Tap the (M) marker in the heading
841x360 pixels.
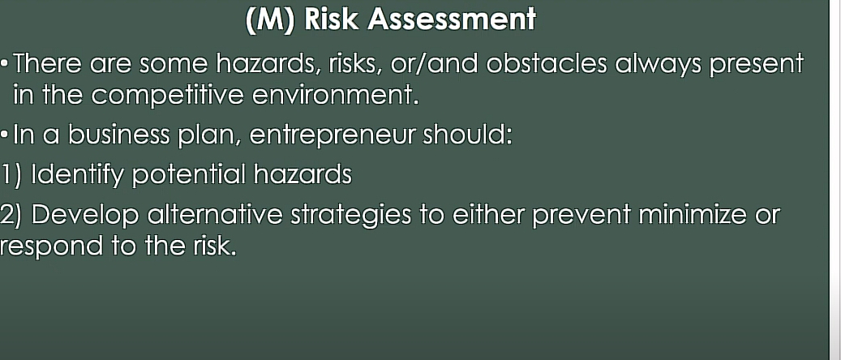[270, 19]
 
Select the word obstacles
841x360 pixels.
[547, 63]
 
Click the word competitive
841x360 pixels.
[167, 96]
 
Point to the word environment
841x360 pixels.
[335, 96]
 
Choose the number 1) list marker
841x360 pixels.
[11, 175]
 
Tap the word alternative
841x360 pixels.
[215, 215]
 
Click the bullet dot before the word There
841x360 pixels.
[5, 64]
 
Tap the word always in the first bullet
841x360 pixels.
[658, 65]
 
